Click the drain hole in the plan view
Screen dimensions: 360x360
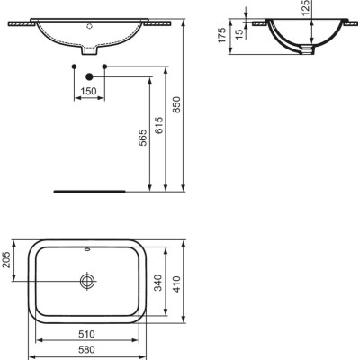pos(87,281)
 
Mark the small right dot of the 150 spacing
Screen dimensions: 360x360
pos(105,67)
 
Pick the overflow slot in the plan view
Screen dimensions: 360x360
pos(87,248)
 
